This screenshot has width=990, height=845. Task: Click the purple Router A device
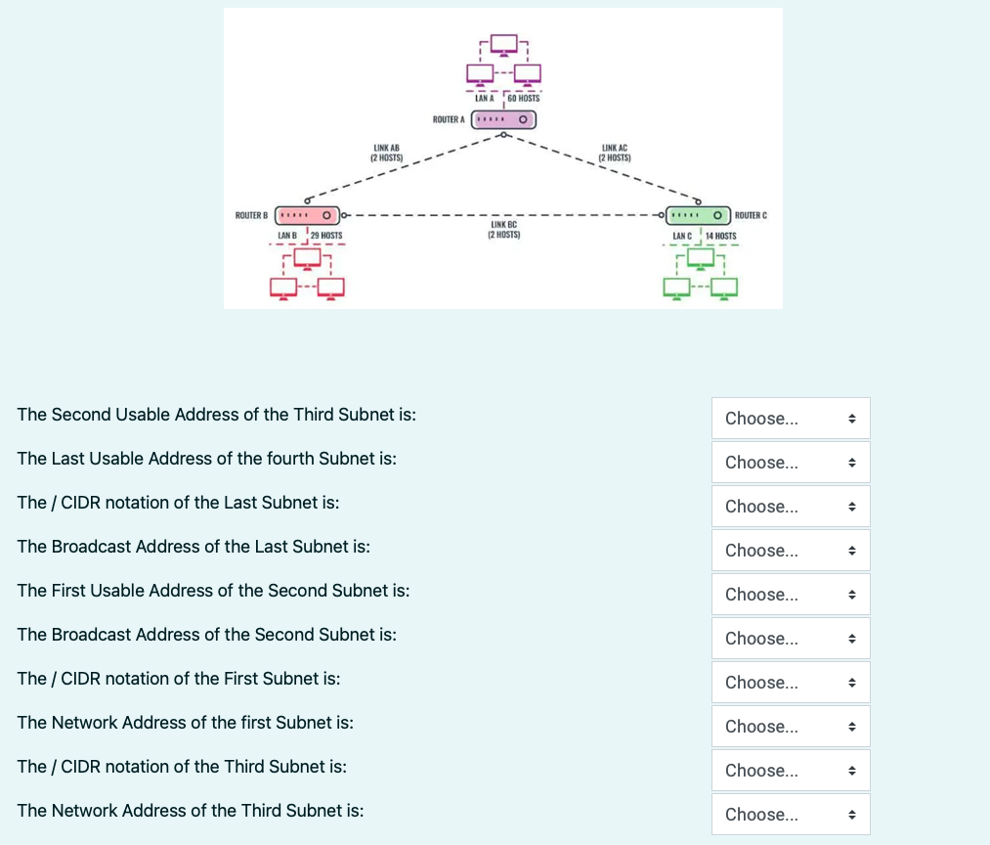pyautogui.click(x=504, y=119)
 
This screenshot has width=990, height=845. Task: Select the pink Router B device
pyautogui.click(x=308, y=215)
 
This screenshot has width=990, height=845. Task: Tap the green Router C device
pyautogui.click(x=699, y=215)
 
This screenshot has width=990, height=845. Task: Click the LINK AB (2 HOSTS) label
pyautogui.click(x=386, y=153)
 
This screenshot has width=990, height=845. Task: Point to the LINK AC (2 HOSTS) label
pyautogui.click(x=615, y=153)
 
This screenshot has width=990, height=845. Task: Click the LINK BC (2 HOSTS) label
pyautogui.click(x=504, y=230)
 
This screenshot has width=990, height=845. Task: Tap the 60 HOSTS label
pyautogui.click(x=524, y=99)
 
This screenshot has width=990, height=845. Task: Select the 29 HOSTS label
pyautogui.click(x=326, y=236)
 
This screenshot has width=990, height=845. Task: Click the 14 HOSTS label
pyautogui.click(x=721, y=236)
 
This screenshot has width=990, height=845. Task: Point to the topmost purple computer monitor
pyautogui.click(x=504, y=45)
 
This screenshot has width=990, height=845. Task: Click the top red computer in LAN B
pyautogui.click(x=308, y=259)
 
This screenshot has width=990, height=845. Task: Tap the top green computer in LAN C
pyautogui.click(x=700, y=259)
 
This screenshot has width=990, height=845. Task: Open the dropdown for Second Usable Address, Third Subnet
pyautogui.click(x=791, y=419)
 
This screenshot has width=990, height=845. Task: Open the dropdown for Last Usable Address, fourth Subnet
pyautogui.click(x=791, y=463)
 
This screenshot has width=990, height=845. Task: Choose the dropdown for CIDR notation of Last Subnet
pyautogui.click(x=791, y=507)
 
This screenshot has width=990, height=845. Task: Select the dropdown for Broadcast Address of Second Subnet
pyautogui.click(x=791, y=639)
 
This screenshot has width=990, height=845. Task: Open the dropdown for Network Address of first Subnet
pyautogui.click(x=791, y=727)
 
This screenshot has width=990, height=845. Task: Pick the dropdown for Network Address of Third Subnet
pyautogui.click(x=791, y=814)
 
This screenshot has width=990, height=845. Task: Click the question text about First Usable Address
pyautogui.click(x=213, y=591)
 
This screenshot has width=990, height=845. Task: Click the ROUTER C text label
pyautogui.click(x=751, y=215)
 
